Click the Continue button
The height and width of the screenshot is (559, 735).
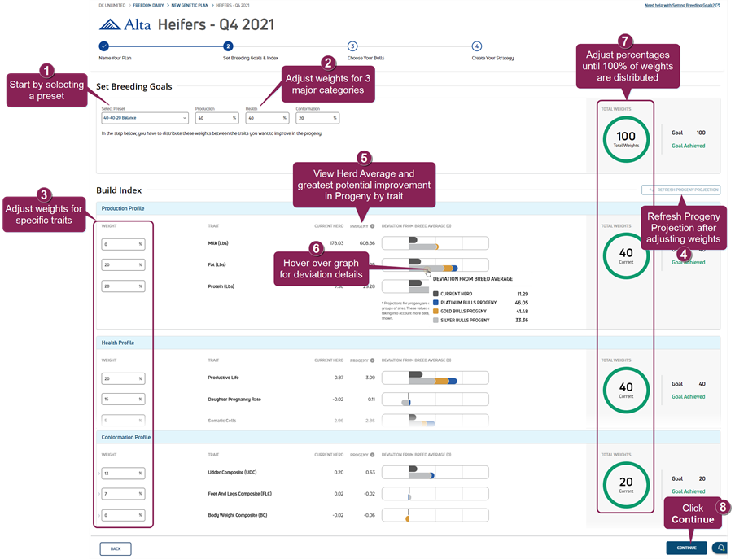685,548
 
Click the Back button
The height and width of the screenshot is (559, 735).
115,548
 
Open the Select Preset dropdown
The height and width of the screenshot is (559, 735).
145,117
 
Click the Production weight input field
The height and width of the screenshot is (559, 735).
216,117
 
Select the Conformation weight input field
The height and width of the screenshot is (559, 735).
317,117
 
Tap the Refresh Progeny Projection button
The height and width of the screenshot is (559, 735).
681,190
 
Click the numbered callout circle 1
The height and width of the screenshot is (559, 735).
48,71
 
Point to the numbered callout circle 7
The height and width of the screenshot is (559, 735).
624,40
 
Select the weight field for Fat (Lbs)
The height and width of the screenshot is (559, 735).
122,264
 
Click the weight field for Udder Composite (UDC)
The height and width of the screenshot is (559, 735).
122,473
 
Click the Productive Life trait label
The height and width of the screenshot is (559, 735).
224,378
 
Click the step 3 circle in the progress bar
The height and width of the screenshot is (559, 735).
352,46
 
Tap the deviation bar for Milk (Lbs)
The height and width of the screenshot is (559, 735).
435,242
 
